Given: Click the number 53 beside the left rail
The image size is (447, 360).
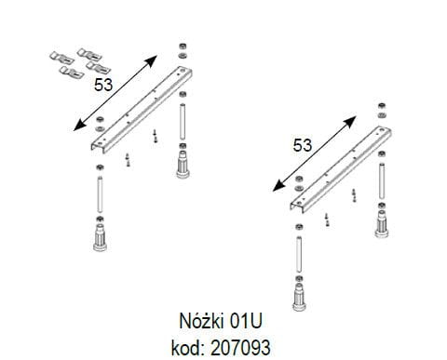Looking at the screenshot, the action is point(103,85).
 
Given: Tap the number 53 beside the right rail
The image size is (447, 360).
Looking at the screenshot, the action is point(303,145).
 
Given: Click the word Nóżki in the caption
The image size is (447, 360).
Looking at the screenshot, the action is point(201,321).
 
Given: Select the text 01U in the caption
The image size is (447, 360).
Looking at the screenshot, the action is point(246,321).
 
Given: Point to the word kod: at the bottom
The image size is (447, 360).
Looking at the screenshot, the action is point(187,347).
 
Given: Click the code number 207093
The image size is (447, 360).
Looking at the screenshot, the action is point(240,348).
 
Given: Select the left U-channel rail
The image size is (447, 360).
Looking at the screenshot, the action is point(142,109).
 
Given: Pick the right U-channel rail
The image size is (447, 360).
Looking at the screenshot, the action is point(341,169).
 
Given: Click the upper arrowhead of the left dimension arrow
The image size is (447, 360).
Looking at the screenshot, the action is point(152,60).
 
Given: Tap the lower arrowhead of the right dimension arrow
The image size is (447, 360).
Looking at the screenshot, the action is point(278,186).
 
